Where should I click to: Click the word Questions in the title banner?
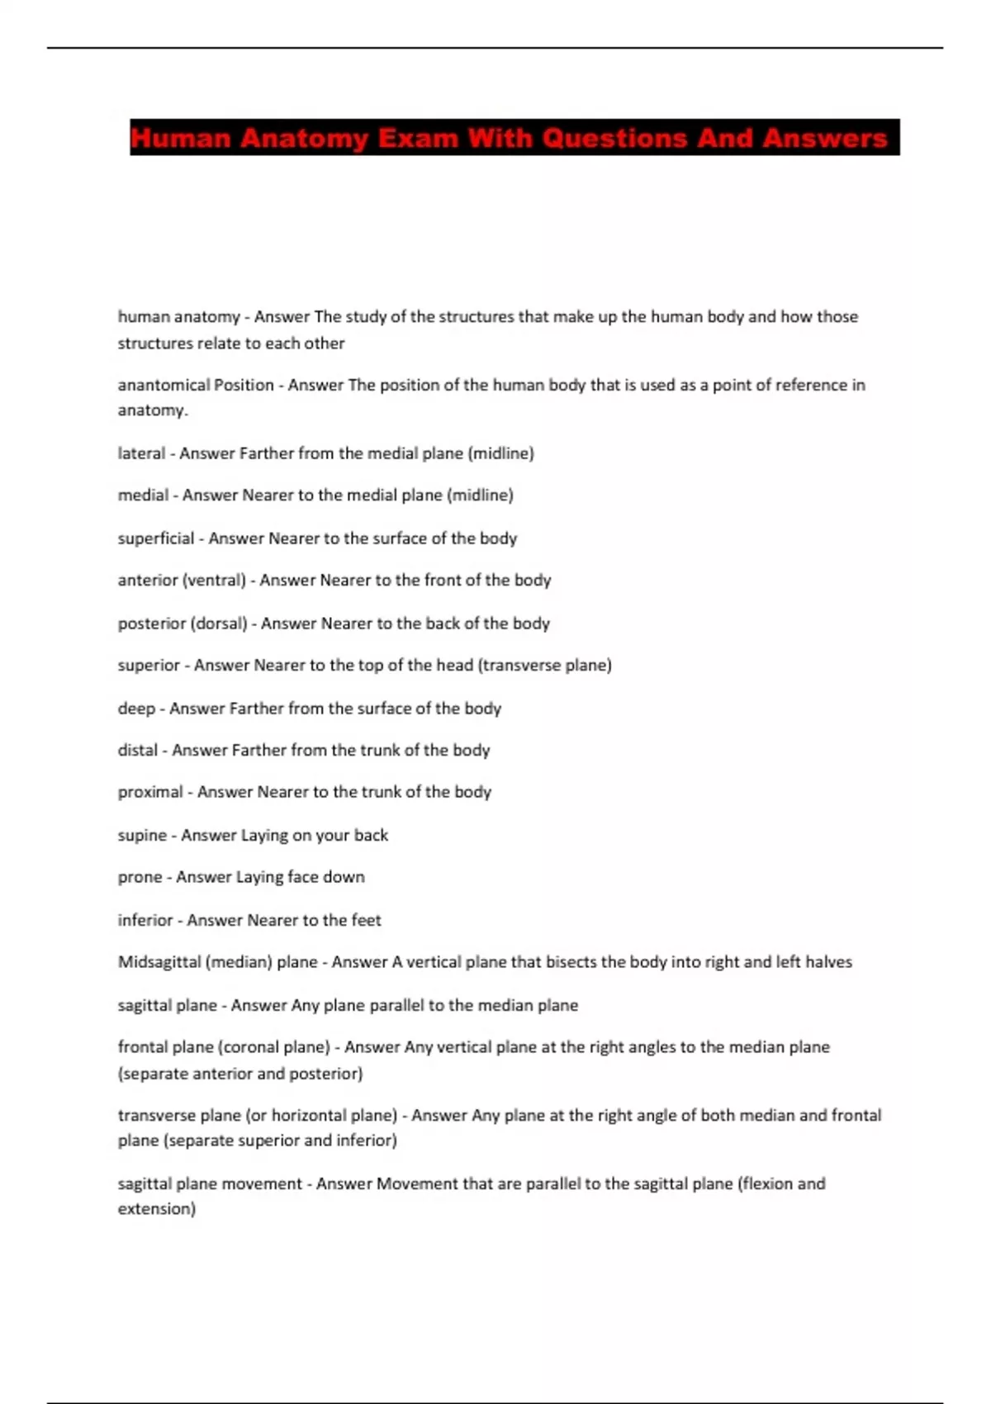(615, 138)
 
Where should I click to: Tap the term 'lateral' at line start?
(141, 453)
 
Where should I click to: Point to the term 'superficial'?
(156, 538)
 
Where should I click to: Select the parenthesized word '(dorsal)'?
(219, 624)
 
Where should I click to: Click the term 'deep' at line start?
(136, 709)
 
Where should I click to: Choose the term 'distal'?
(138, 751)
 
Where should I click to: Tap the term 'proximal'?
(150, 793)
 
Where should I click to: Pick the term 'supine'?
(142, 836)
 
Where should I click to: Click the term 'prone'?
(140, 877)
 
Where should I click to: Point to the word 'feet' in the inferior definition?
(367, 920)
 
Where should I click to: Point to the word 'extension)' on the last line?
(157, 1209)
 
